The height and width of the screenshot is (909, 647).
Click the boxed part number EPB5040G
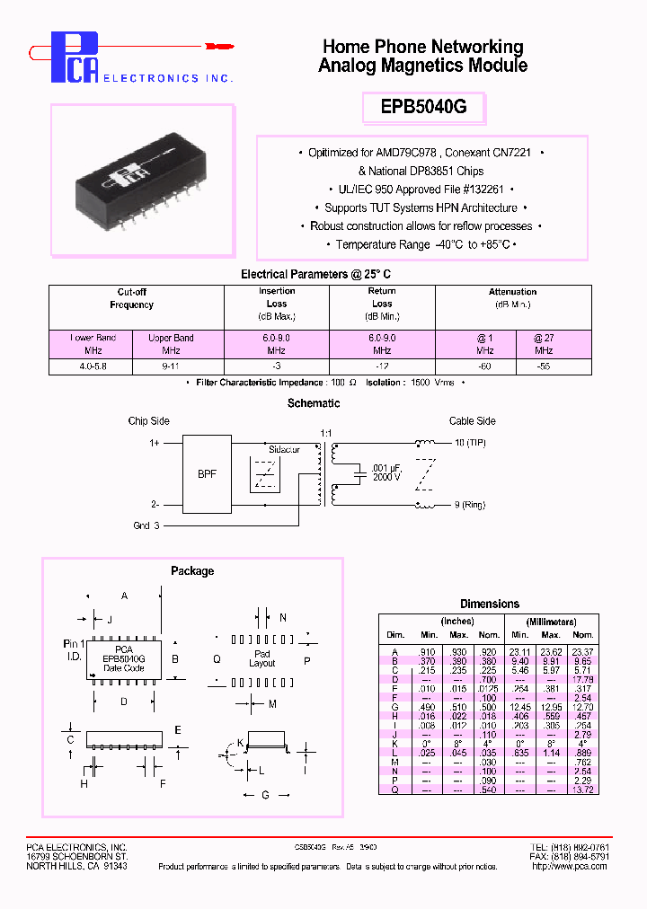pyautogui.click(x=422, y=107)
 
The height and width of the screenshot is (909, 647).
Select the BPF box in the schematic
pyautogui.click(x=207, y=473)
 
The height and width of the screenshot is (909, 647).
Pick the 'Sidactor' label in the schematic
pyautogui.click(x=285, y=446)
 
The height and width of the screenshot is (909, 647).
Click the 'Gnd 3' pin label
pyautogui.click(x=146, y=525)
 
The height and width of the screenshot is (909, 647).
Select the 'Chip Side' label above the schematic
pyautogui.click(x=148, y=420)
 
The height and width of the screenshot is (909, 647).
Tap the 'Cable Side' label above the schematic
pyautogui.click(x=473, y=420)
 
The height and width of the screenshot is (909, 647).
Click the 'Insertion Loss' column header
pyautogui.click(x=276, y=304)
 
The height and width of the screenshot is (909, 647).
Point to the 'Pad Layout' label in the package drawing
pyautogui.click(x=261, y=658)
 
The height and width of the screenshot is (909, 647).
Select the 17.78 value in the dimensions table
pyautogui.click(x=582, y=678)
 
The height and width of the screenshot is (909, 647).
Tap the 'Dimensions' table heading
pyautogui.click(x=489, y=604)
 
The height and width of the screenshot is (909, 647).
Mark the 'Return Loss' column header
pyautogui.click(x=381, y=304)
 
